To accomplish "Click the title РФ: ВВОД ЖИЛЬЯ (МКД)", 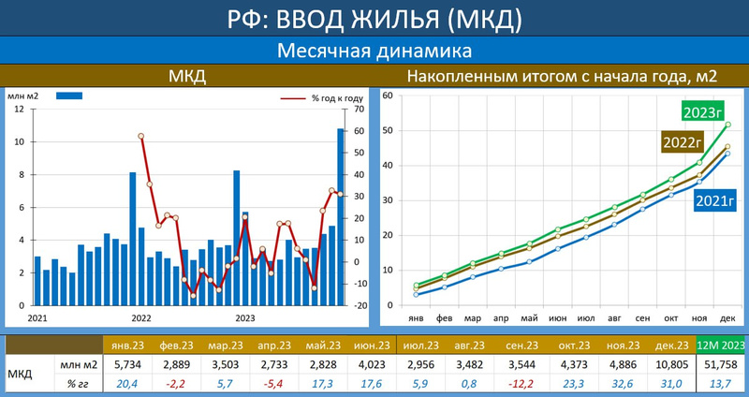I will coord(374,18).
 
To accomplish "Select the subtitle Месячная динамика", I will coord(374,51).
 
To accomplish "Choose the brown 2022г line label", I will coord(683,142).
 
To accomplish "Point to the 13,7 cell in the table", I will coord(721,381).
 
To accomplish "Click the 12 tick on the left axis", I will coord(21,110).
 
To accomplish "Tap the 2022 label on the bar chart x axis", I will coord(141,317).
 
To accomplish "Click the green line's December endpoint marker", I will coord(728,125).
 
